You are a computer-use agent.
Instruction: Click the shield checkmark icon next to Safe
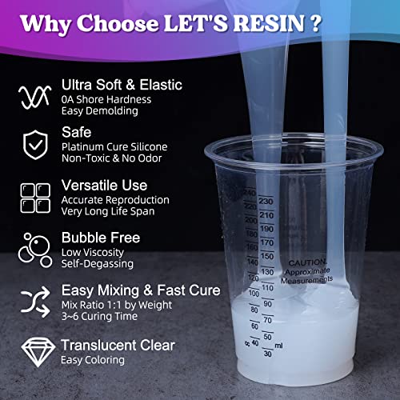[x=30, y=145]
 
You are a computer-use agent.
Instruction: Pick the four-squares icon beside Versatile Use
[x=30, y=194]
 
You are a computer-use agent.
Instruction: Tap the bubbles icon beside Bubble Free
[x=30, y=249]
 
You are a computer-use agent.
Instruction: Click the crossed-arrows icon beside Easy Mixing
[x=30, y=299]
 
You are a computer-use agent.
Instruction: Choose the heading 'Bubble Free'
[x=101, y=238]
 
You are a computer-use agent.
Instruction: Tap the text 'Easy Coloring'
[x=93, y=360]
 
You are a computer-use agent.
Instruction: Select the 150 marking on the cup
[x=267, y=255]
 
